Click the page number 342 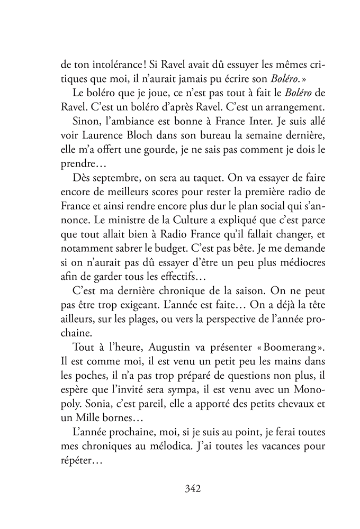(180, 488)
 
